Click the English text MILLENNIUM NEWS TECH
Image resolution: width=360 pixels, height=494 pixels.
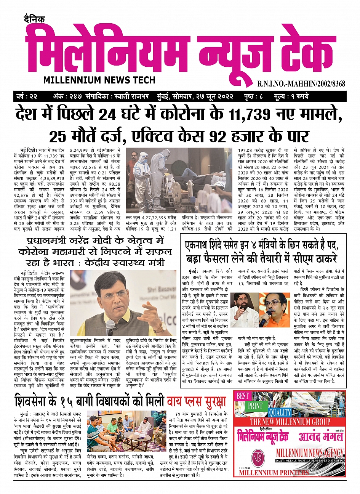click(99, 80)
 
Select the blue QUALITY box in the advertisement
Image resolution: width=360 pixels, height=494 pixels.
click(280, 413)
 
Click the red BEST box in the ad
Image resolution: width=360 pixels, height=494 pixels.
click(242, 396)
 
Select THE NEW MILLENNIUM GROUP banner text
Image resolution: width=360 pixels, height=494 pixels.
click(290, 422)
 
